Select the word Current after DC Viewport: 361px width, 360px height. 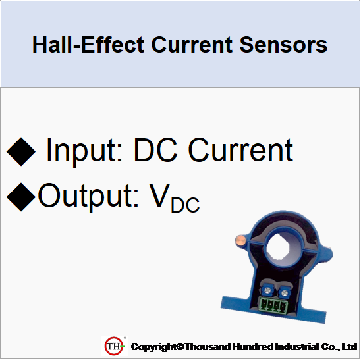[240, 151]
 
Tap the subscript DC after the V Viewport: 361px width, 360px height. [185, 205]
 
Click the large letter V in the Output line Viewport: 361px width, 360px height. [157, 196]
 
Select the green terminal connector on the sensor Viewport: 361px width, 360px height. [271, 304]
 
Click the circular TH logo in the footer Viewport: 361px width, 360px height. [114, 346]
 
